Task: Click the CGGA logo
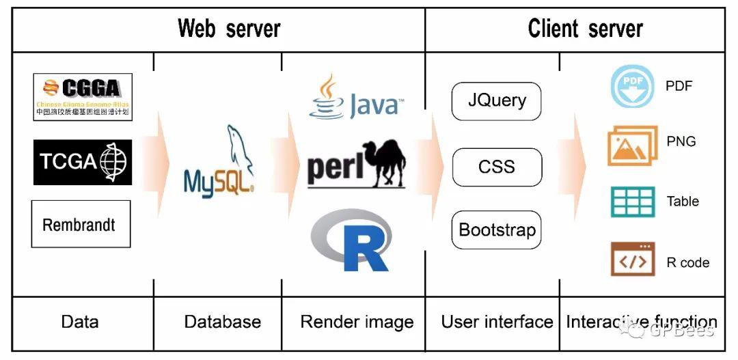pyautogui.click(x=82, y=97)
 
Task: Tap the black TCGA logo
pyautogui.click(x=82, y=162)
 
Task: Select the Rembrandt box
pyautogui.click(x=81, y=224)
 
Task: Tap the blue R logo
pyautogui.click(x=353, y=240)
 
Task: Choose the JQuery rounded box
pyautogui.click(x=497, y=101)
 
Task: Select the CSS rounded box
pyautogui.click(x=497, y=167)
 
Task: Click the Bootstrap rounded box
pyautogui.click(x=497, y=230)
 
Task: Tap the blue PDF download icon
pyautogui.click(x=631, y=87)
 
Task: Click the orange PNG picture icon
pyautogui.click(x=632, y=146)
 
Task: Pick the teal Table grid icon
pyautogui.click(x=632, y=202)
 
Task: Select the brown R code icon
pyautogui.click(x=632, y=260)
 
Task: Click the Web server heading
pyautogui.click(x=229, y=29)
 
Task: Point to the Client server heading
pyautogui.click(x=585, y=29)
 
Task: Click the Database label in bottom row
pyautogui.click(x=223, y=322)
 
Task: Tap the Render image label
pyautogui.click(x=357, y=322)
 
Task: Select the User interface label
pyautogui.click(x=497, y=322)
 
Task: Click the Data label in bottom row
pyautogui.click(x=79, y=322)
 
